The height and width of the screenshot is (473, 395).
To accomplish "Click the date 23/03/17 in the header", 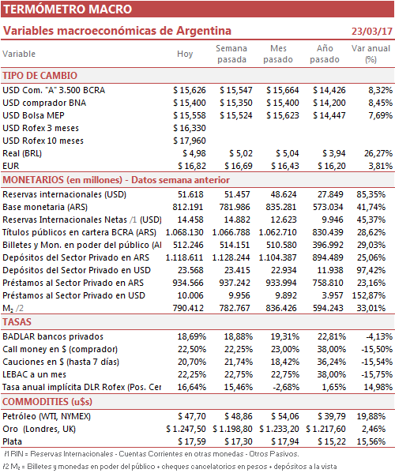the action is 372,31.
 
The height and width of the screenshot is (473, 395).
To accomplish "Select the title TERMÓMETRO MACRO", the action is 68,9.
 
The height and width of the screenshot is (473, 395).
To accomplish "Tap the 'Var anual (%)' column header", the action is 371,54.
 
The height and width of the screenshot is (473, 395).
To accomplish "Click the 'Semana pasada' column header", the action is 231,54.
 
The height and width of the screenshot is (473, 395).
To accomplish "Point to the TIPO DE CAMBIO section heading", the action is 39,76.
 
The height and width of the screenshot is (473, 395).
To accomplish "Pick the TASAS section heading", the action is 17,322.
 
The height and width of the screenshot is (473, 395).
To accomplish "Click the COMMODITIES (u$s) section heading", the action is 47,402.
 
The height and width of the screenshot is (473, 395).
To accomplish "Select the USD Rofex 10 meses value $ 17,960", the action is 190,141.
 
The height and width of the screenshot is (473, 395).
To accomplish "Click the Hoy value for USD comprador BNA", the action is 190,103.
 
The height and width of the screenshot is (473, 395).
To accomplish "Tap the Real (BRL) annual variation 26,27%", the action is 378,153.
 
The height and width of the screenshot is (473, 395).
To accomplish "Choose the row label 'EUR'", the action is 11,166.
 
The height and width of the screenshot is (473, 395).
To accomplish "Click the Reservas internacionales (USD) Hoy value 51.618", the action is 190,194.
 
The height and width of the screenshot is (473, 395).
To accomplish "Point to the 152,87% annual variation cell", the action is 369,295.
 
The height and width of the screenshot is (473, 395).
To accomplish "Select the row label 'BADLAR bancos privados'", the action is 53,336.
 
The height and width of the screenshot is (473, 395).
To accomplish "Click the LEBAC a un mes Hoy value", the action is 192,374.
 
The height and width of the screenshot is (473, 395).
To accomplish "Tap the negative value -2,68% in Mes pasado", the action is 286,387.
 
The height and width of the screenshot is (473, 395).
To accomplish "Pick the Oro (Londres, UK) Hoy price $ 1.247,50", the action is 186,429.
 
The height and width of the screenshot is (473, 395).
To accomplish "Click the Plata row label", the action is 12,441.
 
